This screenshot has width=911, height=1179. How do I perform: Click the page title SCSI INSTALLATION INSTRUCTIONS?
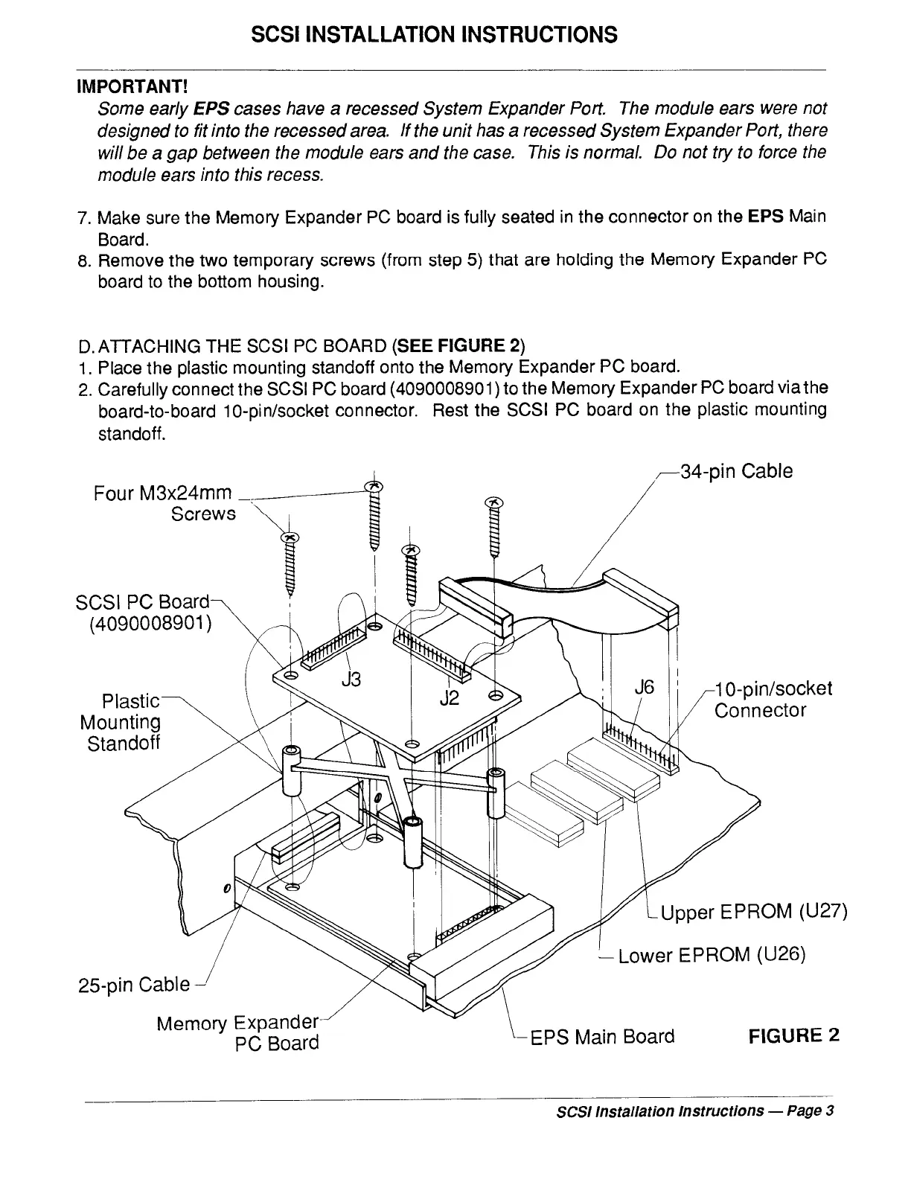point(433,34)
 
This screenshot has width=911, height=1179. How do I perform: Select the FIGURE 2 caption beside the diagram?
point(794,1036)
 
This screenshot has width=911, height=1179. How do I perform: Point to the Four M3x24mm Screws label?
point(164,503)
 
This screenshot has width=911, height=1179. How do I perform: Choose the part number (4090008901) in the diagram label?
point(150,622)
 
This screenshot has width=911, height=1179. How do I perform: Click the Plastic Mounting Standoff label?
point(122,722)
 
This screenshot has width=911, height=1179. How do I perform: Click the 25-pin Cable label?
point(134,985)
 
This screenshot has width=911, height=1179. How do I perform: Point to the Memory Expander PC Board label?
point(238,1033)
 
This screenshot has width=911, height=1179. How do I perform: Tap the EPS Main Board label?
point(601,1037)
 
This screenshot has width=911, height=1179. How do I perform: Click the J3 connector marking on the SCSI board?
point(351,679)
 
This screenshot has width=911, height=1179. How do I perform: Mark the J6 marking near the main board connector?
point(644,688)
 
